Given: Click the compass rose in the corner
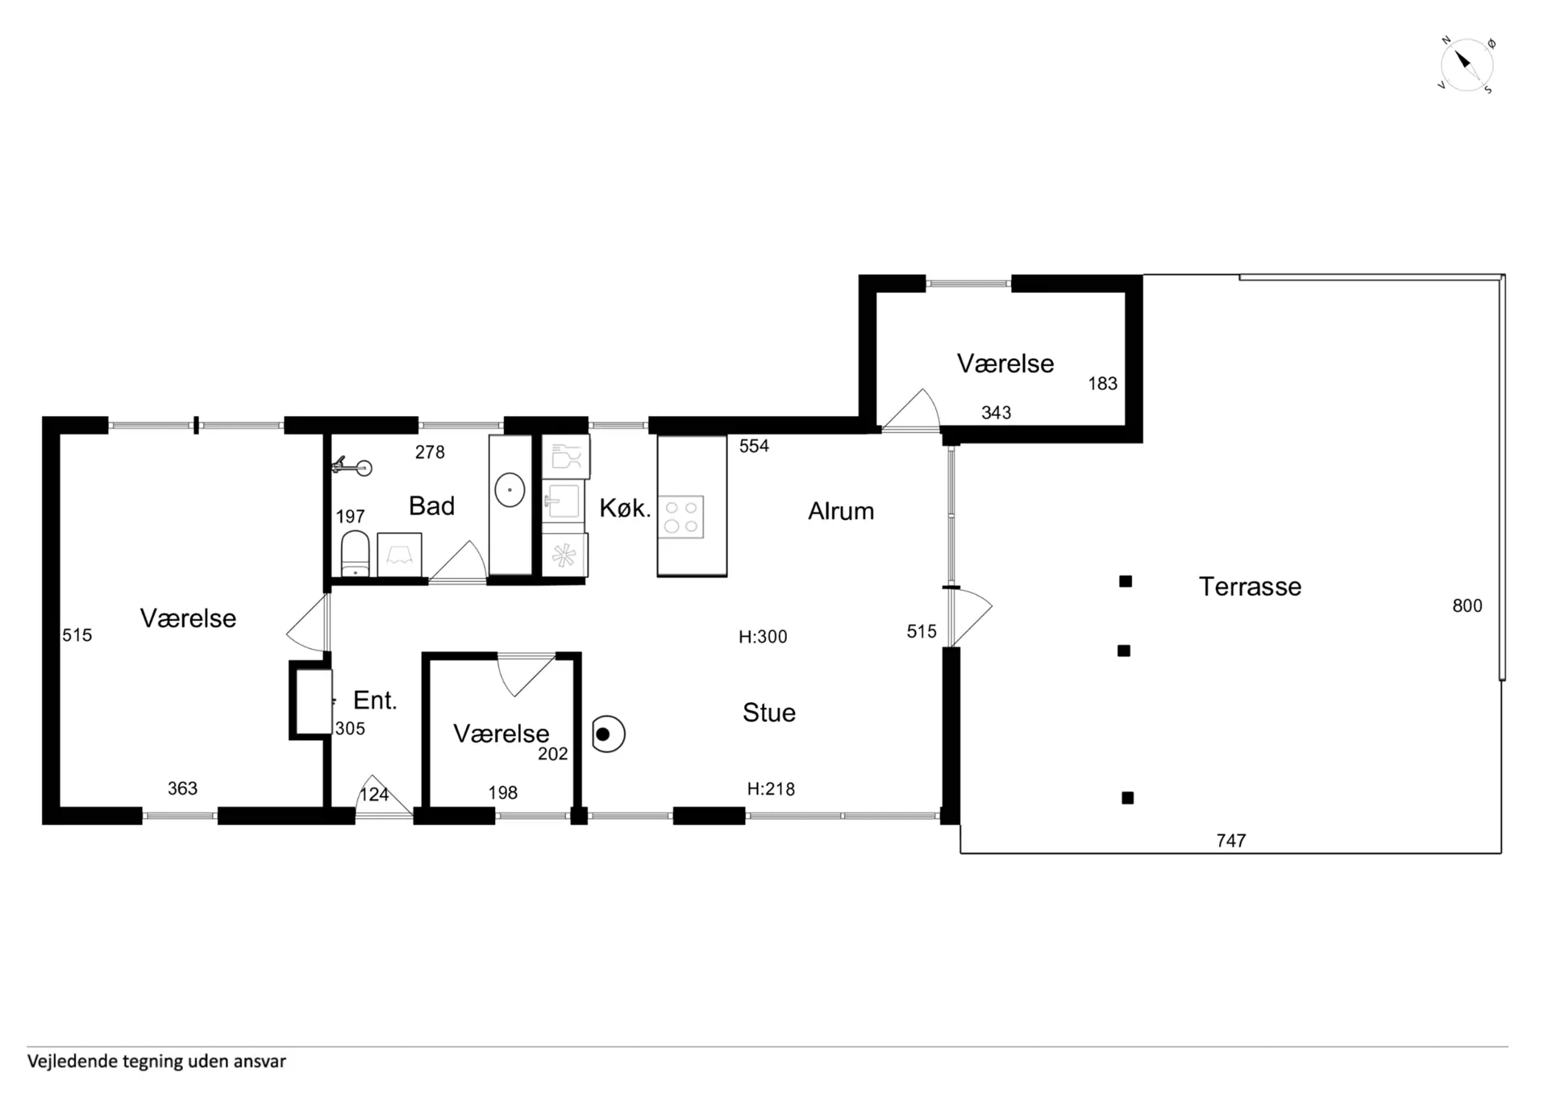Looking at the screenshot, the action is pyautogui.click(x=1467, y=64).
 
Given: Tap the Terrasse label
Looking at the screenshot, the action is pyautogui.click(x=1250, y=586).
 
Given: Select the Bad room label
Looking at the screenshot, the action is pyautogui.click(x=431, y=505).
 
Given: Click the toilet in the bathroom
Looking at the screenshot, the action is pyautogui.click(x=355, y=554).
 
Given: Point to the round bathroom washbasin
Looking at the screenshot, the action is pyautogui.click(x=510, y=489).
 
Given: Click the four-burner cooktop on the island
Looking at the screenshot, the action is pyautogui.click(x=681, y=517).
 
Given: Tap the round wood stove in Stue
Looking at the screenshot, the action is pyautogui.click(x=608, y=734).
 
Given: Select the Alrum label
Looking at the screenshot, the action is pyautogui.click(x=841, y=510).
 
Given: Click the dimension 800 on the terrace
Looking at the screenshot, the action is pyautogui.click(x=1467, y=605).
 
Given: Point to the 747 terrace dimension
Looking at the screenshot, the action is pyautogui.click(x=1231, y=841).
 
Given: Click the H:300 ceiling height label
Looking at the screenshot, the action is pyautogui.click(x=763, y=637).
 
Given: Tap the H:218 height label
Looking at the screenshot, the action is pyautogui.click(x=771, y=789).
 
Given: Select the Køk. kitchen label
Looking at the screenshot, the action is pyautogui.click(x=625, y=508).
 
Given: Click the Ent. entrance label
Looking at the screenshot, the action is pyautogui.click(x=375, y=700).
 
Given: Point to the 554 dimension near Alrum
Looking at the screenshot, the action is pyautogui.click(x=754, y=446).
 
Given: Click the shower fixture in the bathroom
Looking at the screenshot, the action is pyautogui.click(x=352, y=466).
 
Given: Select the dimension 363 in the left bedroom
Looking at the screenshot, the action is pyautogui.click(x=182, y=788).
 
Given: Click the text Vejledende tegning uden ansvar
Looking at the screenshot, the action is pyautogui.click(x=156, y=1061).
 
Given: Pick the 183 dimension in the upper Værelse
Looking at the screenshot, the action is pyautogui.click(x=1103, y=384).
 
